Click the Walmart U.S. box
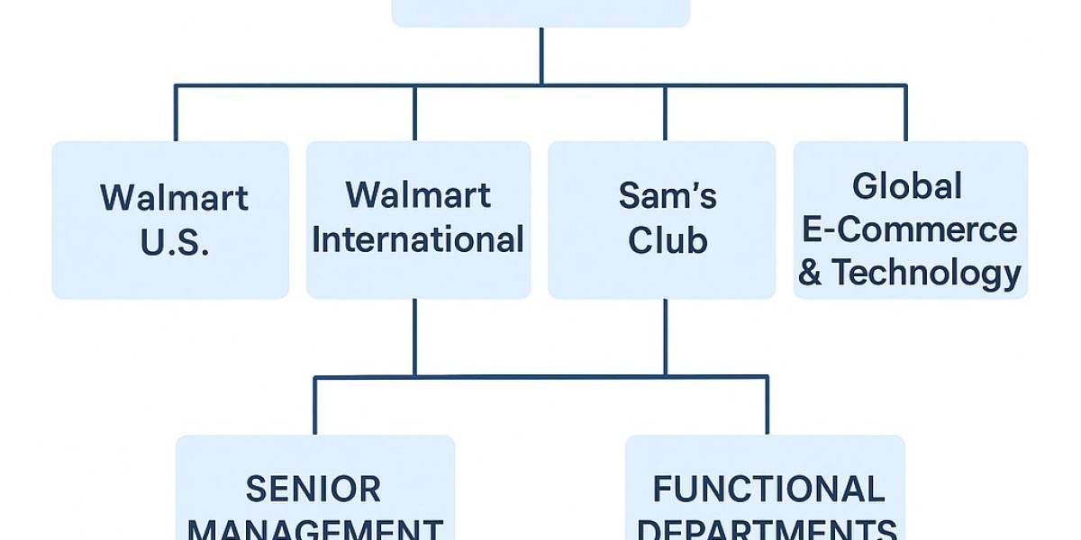[170, 220]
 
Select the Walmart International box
[418, 220]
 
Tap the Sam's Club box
[661, 220]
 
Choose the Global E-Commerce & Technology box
[910, 220]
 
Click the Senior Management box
[314, 490]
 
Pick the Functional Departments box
[765, 490]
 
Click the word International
[418, 240]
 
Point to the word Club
[668, 241]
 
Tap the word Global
[907, 186]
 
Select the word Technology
[925, 272]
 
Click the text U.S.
[175, 242]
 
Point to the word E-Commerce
[909, 229]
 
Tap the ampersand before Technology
[810, 273]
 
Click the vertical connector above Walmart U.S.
[175, 112]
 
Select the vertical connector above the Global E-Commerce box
[905, 112]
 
